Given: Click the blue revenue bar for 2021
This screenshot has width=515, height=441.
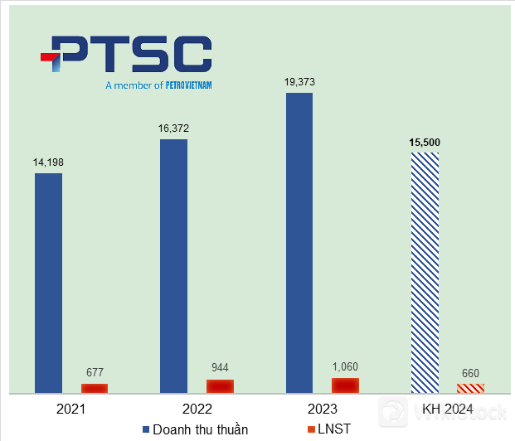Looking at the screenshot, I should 48,282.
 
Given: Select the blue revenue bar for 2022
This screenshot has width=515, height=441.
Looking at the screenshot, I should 173,265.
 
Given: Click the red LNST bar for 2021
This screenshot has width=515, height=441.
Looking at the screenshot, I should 95,388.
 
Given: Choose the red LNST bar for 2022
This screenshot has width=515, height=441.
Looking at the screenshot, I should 220,385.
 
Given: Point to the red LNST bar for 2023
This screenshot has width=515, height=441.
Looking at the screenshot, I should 345,385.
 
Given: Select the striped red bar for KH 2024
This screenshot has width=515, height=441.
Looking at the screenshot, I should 470,388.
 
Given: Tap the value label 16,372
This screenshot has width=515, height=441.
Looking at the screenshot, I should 173,128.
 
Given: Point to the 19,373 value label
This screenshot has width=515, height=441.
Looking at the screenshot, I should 299,82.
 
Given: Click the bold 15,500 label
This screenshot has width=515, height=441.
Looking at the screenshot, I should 424,142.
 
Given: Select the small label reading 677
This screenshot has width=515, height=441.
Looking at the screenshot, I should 95,372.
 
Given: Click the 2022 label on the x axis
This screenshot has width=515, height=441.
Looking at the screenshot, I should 197,409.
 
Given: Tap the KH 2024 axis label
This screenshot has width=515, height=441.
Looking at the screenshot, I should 447,409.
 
